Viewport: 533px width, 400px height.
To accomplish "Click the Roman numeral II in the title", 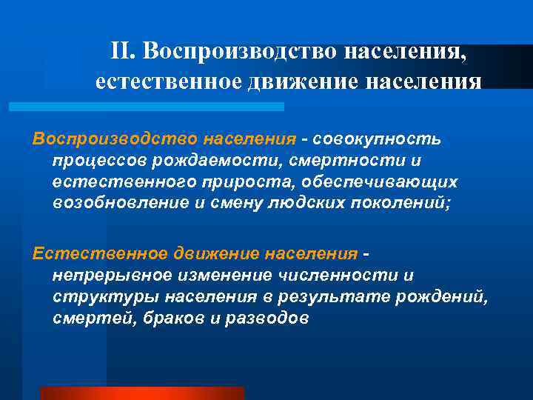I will (x=121, y=51).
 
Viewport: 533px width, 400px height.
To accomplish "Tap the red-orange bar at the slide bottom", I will (x=141, y=393).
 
